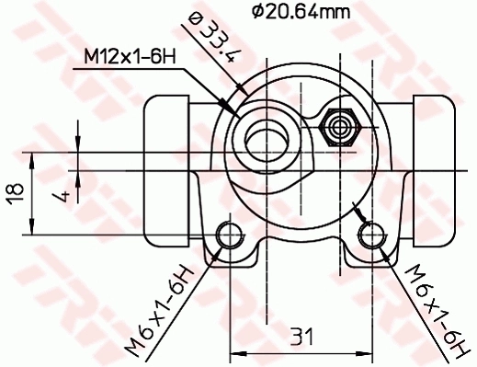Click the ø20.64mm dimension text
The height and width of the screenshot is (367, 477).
point(300,12)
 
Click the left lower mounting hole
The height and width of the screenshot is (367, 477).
point(226,236)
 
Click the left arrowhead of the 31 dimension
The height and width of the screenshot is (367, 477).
point(233,350)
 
